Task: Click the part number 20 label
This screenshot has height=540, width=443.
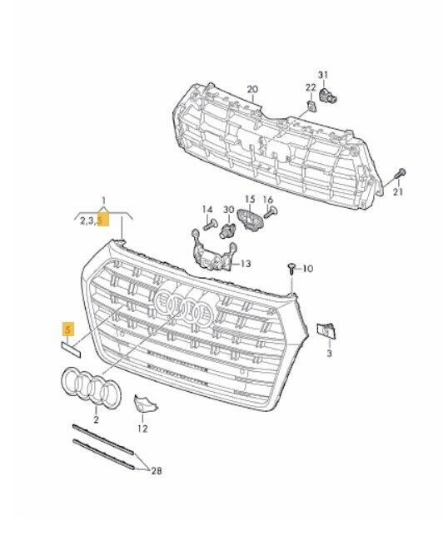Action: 253,88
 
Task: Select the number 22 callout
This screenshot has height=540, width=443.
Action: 310,88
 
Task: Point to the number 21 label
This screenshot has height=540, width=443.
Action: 397,192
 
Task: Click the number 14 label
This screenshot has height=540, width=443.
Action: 207,209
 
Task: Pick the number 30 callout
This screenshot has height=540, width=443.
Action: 228,209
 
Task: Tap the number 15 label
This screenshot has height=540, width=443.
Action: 249,200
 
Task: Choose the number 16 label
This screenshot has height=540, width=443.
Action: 268,201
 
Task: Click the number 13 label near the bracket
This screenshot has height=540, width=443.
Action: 245,264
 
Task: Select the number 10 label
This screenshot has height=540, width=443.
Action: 307,269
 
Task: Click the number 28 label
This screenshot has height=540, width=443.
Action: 156,471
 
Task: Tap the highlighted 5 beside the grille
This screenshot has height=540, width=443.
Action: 67,330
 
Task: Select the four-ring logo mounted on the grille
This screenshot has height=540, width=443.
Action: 185,307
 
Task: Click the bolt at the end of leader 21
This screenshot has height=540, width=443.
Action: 401,173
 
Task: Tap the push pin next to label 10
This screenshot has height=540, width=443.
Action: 291,267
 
